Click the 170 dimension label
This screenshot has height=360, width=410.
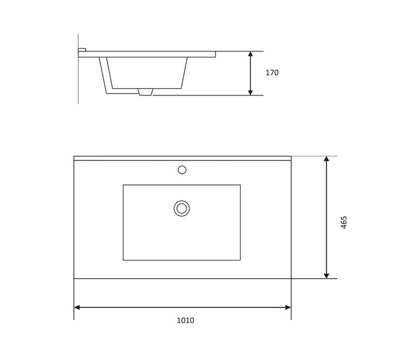pyautogui.click(x=272, y=73)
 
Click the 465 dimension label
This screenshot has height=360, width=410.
pyautogui.click(x=344, y=222)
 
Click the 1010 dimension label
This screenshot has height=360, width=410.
pyautogui.click(x=185, y=320)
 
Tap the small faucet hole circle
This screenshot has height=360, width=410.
pyautogui.click(x=182, y=170)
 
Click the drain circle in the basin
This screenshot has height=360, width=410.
pyautogui.click(x=182, y=208)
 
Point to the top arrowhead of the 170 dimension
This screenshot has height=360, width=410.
pyautogui.click(x=250, y=54)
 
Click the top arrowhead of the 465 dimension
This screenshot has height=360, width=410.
pyautogui.click(x=326, y=159)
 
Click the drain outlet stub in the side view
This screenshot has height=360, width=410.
pyautogui.click(x=145, y=92)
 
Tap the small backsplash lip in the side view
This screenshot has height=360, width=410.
pyautogui.click(x=82, y=49)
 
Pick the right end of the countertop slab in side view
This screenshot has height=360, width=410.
pyautogui.click(x=214, y=54)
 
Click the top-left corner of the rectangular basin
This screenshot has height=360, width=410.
pyautogui.click(x=123, y=185)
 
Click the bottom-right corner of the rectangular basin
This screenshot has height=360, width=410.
pyautogui.click(x=240, y=260)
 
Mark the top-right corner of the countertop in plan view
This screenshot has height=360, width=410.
pyautogui.click(x=291, y=156)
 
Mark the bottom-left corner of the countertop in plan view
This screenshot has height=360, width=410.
pyautogui.click(x=74, y=279)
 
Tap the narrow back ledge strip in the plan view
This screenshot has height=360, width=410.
pyautogui.click(x=182, y=158)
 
